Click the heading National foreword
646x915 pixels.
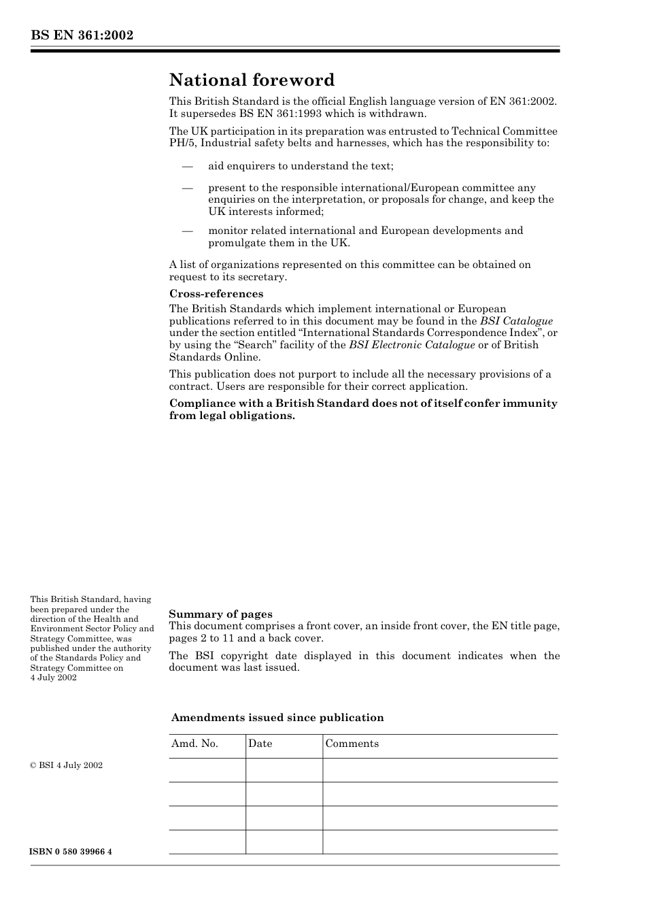click(x=252, y=80)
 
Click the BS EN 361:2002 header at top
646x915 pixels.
click(x=82, y=35)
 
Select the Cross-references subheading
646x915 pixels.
click(x=216, y=294)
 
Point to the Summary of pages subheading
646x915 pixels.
click(x=220, y=614)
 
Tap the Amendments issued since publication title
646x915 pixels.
click(x=277, y=718)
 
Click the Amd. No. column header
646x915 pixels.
click(x=194, y=744)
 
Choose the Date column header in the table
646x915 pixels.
click(x=260, y=744)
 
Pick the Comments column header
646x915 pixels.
click(x=352, y=744)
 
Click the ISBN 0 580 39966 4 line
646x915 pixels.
click(x=71, y=852)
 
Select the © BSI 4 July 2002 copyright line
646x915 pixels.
click(x=66, y=765)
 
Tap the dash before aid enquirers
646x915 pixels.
click(x=187, y=166)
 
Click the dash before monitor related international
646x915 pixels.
click(x=187, y=231)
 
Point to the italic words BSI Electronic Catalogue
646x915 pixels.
click(x=411, y=345)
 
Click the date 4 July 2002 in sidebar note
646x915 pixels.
click(x=53, y=678)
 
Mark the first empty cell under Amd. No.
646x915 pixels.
click(x=207, y=770)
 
